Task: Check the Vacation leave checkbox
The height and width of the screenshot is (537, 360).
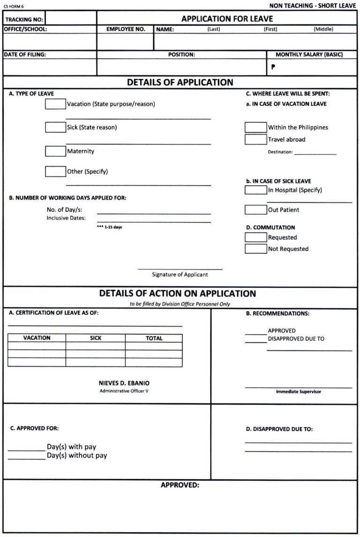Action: [55, 104]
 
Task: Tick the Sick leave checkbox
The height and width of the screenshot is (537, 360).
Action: [55, 127]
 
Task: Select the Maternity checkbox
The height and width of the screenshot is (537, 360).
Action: [55, 151]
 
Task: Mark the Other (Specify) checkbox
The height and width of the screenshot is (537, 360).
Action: [55, 172]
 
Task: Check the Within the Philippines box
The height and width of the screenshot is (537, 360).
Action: [255, 127]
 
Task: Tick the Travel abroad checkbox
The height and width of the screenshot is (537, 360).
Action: [255, 139]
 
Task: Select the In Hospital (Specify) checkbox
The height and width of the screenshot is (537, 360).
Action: [255, 190]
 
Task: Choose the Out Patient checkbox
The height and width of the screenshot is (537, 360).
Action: [255, 210]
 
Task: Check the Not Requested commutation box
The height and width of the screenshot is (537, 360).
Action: [255, 249]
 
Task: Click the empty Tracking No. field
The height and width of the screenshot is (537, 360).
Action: [70, 19]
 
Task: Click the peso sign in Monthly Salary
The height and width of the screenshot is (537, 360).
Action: [273, 67]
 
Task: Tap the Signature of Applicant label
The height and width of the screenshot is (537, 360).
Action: [180, 274]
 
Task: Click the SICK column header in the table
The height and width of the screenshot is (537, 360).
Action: [95, 338]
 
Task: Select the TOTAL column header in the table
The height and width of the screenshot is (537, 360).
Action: [154, 338]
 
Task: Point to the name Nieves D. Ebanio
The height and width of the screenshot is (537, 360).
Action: [124, 383]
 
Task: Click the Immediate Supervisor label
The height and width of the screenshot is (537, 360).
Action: [298, 392]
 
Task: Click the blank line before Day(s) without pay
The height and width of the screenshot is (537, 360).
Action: [26, 458]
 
